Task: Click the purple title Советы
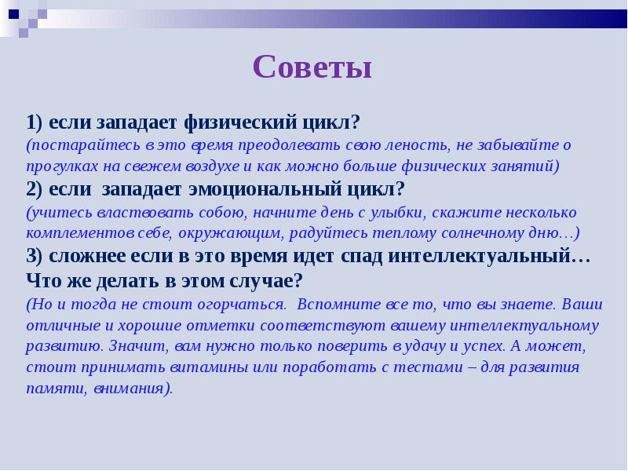pos(312,68)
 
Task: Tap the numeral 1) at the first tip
pos(34,123)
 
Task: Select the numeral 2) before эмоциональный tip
pos(34,189)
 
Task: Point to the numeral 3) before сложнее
pos(34,257)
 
